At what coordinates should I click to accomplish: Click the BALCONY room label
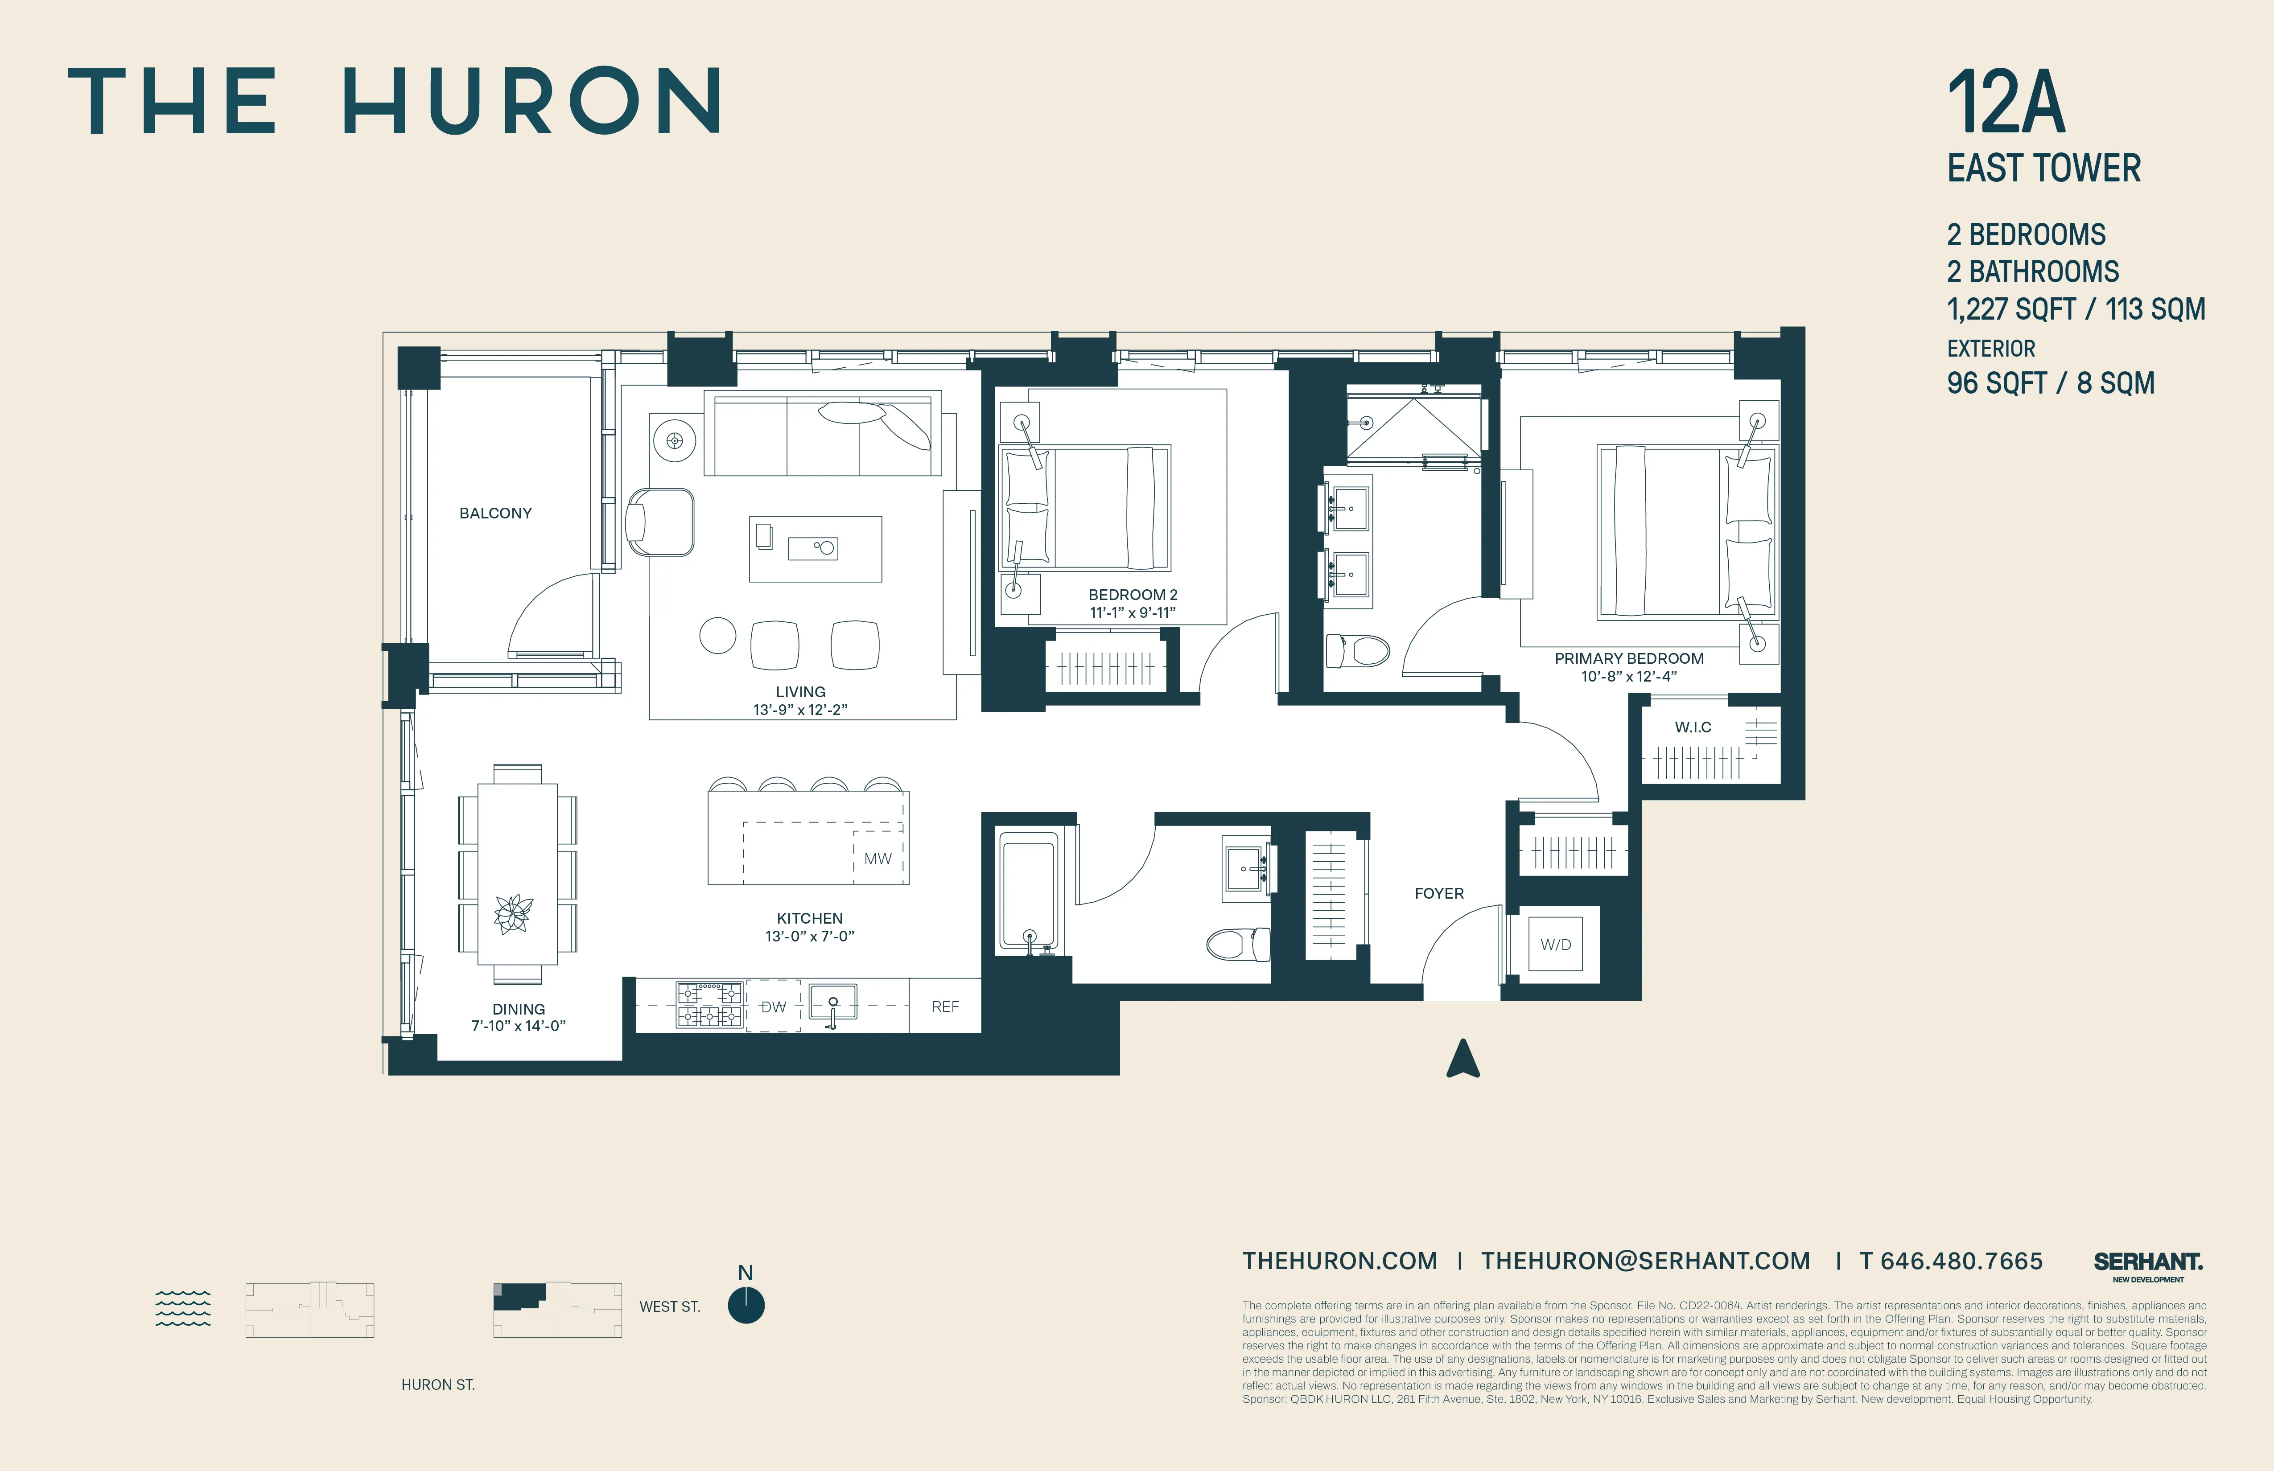495,513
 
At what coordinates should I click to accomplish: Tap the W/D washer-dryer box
1556,945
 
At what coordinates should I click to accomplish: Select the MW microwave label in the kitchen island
877,859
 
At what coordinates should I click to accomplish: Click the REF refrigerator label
945,1007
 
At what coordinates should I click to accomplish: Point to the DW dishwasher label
773,1007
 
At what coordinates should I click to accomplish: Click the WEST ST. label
670,1307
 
